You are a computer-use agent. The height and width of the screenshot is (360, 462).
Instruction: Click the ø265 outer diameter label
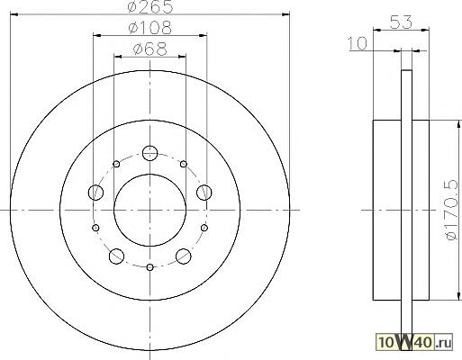point(150,6)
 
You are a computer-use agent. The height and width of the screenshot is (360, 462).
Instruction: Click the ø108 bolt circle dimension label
point(150,28)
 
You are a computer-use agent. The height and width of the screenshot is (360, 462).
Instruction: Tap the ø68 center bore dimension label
point(149,49)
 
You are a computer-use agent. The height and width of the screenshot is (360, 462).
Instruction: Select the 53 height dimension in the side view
point(401,22)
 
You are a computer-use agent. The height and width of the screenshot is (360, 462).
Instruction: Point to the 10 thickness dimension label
point(358,43)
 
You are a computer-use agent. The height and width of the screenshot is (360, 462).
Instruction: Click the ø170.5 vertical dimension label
point(451,210)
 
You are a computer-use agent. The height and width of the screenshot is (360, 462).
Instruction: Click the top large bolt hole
point(149,153)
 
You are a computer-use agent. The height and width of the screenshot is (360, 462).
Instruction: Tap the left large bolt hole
point(96,192)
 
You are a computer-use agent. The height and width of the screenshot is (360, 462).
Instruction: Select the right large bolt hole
point(204,192)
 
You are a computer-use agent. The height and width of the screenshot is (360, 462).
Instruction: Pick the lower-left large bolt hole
point(116,256)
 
